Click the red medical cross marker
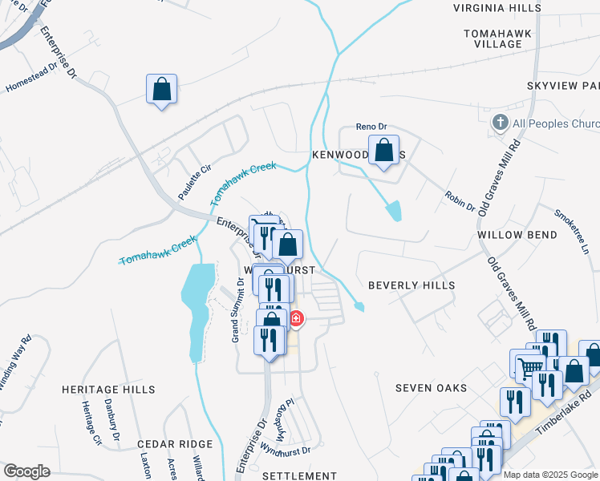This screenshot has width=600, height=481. point(296,319)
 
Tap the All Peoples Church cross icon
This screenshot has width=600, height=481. point(500,123)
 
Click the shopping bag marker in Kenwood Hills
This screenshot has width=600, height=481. point(384,151)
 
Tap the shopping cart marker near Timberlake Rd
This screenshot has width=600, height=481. point(529,367)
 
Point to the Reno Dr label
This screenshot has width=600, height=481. point(371,127)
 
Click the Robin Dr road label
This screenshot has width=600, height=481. point(459,201)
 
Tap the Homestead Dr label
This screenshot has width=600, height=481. point(31,77)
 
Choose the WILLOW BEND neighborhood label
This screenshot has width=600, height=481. point(517,235)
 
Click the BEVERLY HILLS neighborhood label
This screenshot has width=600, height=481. point(411,285)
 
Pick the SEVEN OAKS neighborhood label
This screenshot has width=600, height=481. point(431,388)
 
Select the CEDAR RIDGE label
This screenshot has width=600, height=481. point(175,443)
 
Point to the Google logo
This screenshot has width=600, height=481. point(26,471)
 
